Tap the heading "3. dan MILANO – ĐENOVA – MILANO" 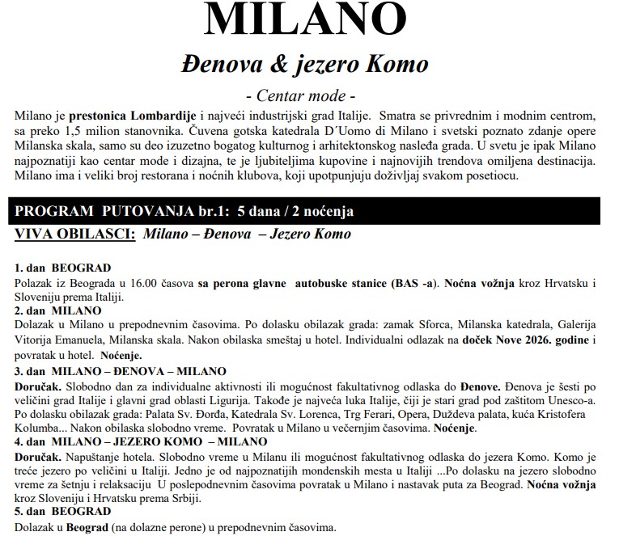coord(121,371)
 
